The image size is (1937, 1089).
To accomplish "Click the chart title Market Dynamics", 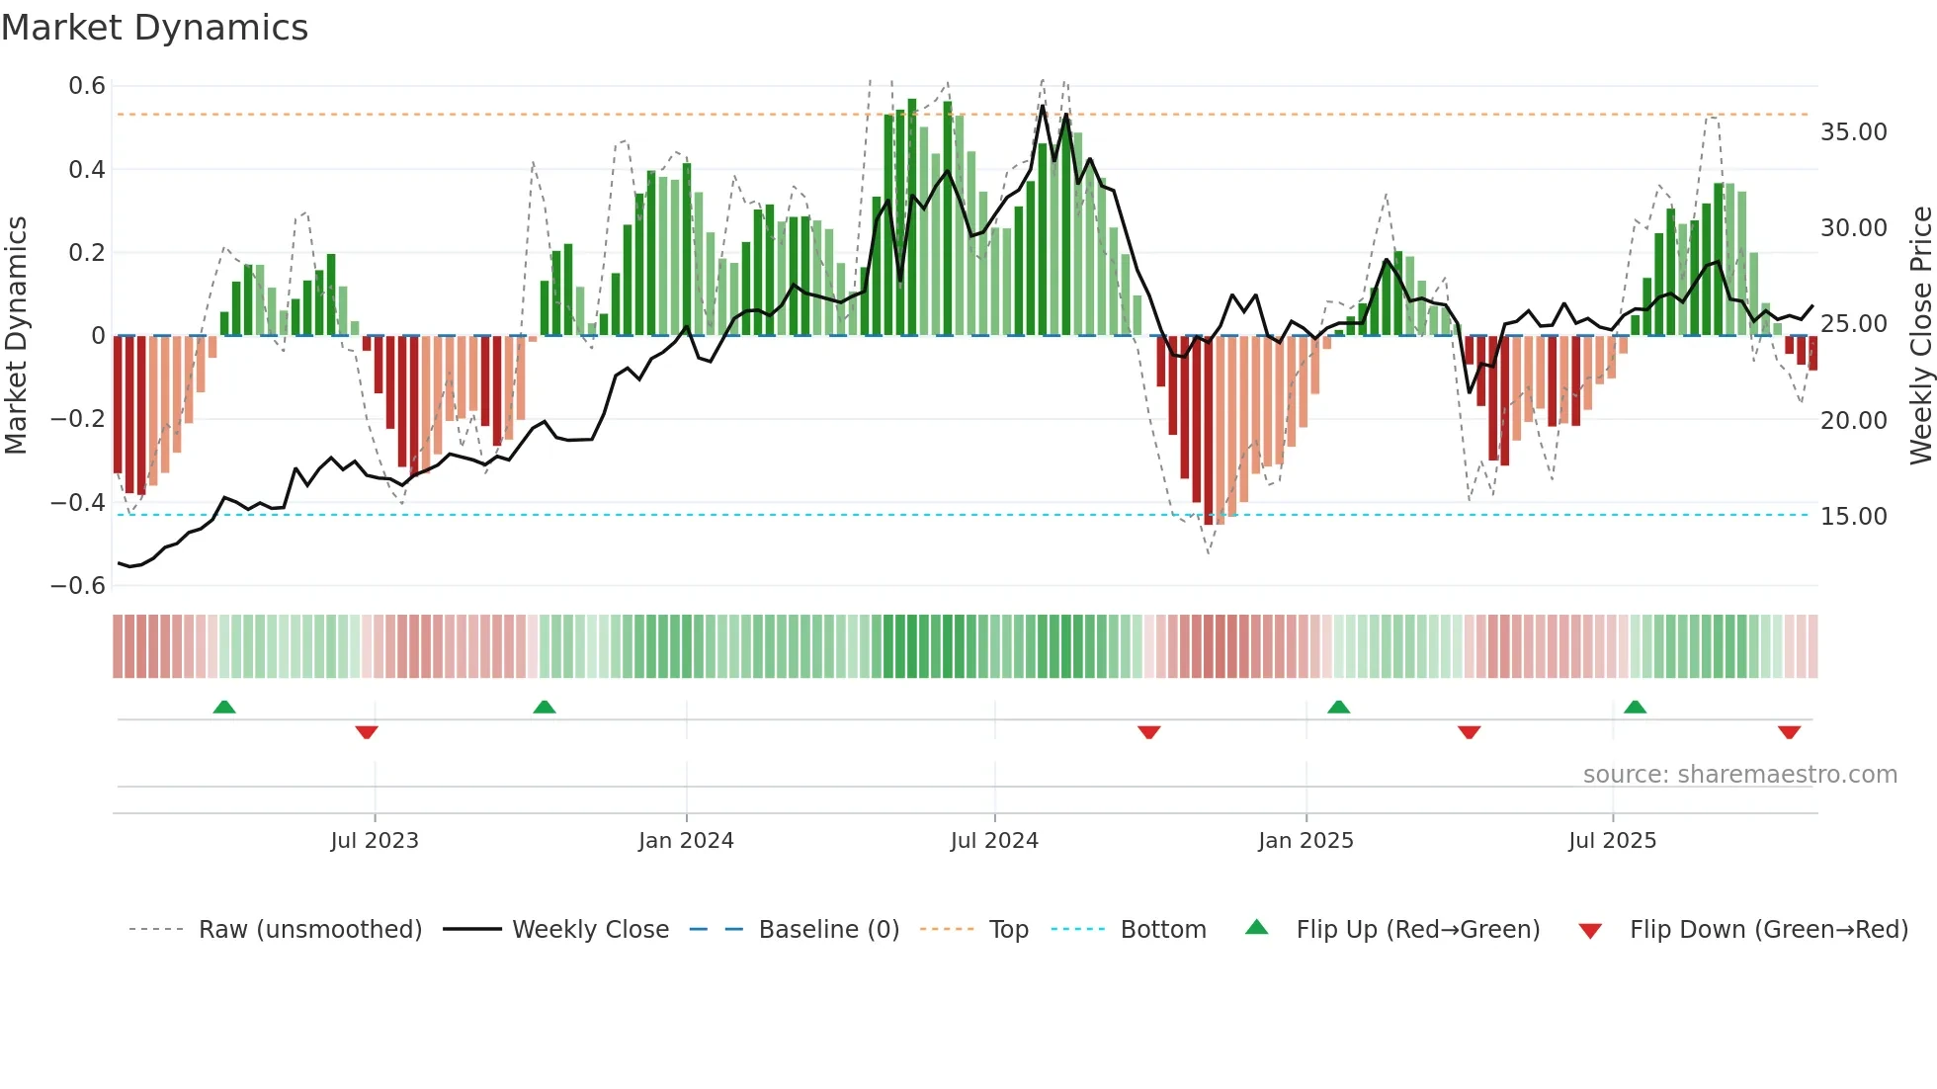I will [x=155, y=28].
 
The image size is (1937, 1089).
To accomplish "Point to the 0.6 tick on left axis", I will [x=87, y=86].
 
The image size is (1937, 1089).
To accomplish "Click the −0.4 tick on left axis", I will [x=78, y=503].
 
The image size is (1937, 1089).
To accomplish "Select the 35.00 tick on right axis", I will [x=1853, y=132].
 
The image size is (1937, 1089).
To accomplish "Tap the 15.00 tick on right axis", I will [x=1853, y=517].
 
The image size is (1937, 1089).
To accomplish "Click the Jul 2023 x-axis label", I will [x=375, y=841].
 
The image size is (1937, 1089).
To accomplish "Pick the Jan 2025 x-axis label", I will [x=1305, y=841].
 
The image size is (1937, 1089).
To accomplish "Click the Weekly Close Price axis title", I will [x=1920, y=336].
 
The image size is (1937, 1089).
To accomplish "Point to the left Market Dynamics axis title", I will [x=17, y=336].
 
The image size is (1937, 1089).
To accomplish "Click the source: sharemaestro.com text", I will [x=1739, y=775].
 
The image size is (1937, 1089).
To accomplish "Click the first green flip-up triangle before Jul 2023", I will [x=224, y=707].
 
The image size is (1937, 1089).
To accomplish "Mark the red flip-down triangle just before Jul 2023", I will [x=367, y=732].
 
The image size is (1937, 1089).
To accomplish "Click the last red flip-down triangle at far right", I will [x=1789, y=732].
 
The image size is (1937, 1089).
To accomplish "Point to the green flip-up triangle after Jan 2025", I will [x=1338, y=707].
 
